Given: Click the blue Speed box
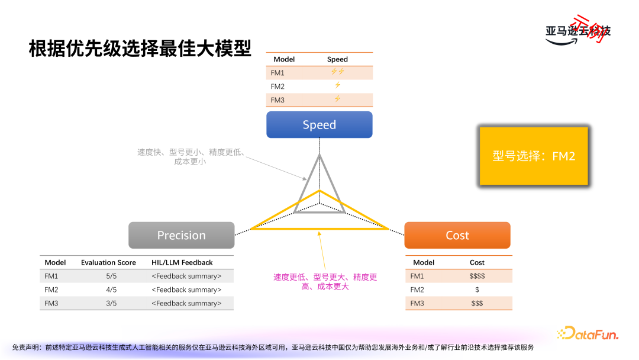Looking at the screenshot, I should point(319,125).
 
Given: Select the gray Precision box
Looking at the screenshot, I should point(182,235).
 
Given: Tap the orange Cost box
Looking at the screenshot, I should point(457,235).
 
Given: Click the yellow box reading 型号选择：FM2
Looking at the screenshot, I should point(534,156).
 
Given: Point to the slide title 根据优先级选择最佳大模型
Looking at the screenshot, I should point(140,49).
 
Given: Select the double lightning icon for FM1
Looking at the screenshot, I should point(337,72).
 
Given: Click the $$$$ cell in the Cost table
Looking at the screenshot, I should point(477,276).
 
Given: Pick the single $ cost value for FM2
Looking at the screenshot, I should point(477,290).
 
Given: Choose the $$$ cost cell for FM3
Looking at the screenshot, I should point(477,303).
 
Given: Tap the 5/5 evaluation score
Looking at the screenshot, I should point(111,276).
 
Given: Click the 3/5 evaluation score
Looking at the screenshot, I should point(111,303).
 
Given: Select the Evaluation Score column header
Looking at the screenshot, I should point(108,262).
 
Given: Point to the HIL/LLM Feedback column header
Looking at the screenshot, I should point(182,262).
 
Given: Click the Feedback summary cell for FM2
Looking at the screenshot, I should point(186,290).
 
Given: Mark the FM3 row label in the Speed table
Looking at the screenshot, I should point(277,100).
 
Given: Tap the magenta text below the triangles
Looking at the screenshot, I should point(325,282).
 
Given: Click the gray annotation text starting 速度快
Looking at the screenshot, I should point(191,157).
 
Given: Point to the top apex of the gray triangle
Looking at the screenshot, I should point(319,155).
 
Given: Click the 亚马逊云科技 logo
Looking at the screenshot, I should point(577,31).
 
